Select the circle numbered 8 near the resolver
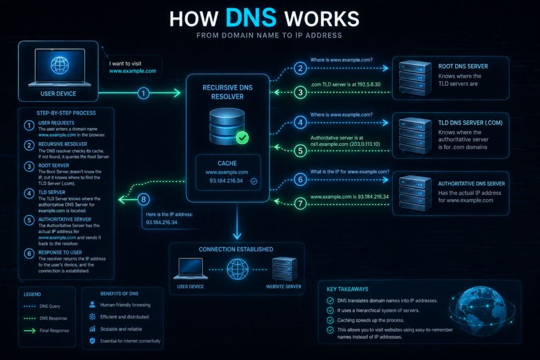click(143, 199)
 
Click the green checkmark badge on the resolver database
click(242, 138)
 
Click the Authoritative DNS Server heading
click(471, 184)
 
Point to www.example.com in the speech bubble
click(132, 71)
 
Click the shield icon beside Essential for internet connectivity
click(92, 341)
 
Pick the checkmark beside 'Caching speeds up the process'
click(330, 320)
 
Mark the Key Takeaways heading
click(348, 289)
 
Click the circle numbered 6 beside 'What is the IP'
click(301, 180)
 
